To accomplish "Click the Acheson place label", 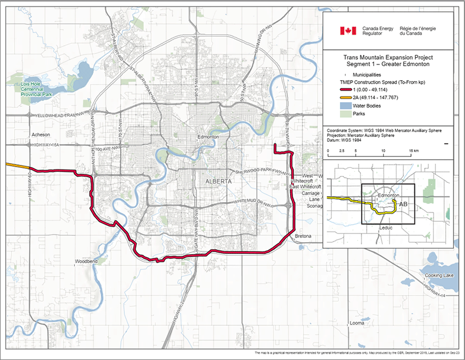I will pos(34,134).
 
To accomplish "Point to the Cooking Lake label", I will pos(439,276).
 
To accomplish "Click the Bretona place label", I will pos(304,237).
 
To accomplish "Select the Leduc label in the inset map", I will pos(386,228).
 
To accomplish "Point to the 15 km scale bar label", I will pos(413,151).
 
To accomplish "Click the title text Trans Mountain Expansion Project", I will pos(387,58).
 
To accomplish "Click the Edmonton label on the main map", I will pos(208,136).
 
